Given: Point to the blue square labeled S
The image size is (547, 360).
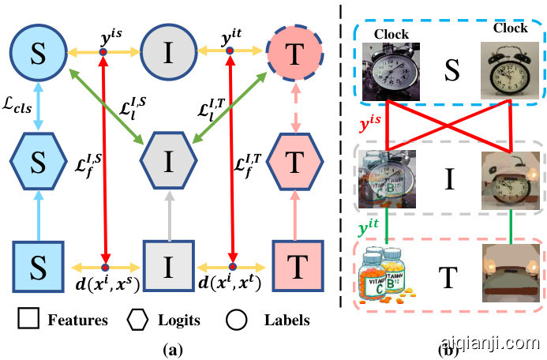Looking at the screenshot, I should pyautogui.click(x=38, y=258).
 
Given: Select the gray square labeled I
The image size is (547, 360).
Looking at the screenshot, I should pyautogui.click(x=166, y=258).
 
